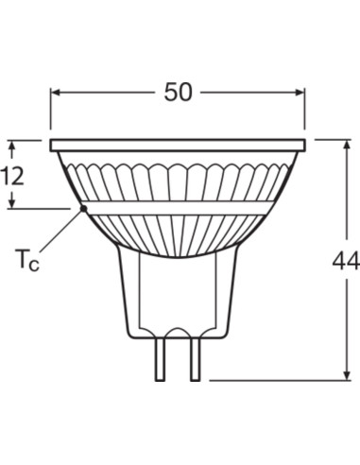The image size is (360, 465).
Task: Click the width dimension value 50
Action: coord(178,92)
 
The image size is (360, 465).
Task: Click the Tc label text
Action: coord(26,260)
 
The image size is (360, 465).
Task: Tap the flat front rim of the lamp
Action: coord(178,146)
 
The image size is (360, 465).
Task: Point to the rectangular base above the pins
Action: coord(178,293)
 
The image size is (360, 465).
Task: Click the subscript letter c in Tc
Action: coord(34,265)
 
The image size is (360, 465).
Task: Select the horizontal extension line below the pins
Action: coord(274,380)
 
